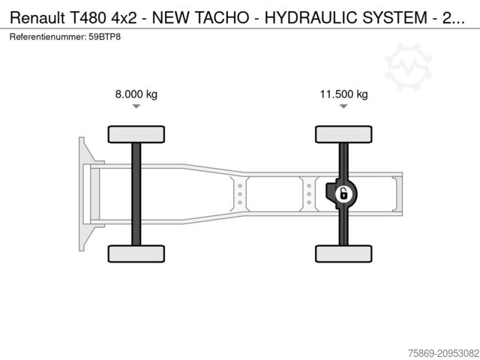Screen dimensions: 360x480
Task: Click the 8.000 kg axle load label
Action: pos(136,94)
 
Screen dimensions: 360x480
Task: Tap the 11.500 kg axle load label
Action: pos(343,94)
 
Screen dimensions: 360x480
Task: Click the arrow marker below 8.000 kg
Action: pos(136,107)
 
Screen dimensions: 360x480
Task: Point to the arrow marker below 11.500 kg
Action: pos(343,107)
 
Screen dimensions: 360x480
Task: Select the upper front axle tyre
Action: pos(136,134)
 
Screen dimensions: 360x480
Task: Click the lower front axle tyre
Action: pos(136,253)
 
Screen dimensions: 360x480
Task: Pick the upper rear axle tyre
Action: pos(343,134)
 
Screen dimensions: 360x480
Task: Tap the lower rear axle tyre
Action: pos(343,253)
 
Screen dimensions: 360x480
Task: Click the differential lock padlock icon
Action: pos(343,194)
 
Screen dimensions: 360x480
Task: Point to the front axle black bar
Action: pos(136,193)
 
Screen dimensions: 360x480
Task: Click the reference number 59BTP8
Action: pos(104,36)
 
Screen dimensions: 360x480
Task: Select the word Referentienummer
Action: pos(48,36)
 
